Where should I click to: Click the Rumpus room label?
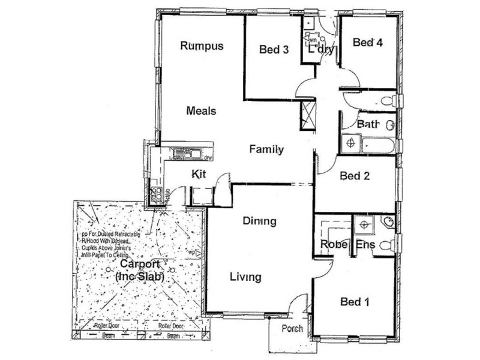tap(202, 46)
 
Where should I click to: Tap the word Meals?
tap(201, 111)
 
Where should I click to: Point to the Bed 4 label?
tap(368, 43)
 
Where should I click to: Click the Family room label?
tap(266, 150)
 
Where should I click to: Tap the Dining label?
tap(259, 221)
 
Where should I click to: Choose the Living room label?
tap(245, 277)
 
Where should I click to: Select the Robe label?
tap(331, 244)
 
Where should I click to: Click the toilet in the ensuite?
tap(391, 244)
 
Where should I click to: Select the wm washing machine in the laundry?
tap(311, 41)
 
